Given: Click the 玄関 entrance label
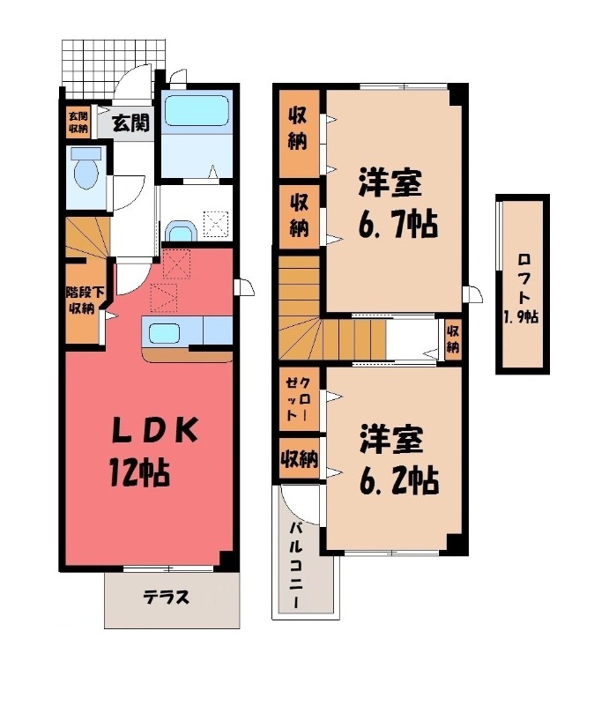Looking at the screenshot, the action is [x=130, y=122].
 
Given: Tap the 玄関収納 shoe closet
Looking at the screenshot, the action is [x=78, y=122].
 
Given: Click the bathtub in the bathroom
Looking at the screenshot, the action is [x=197, y=111].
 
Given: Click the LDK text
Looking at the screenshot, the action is [x=154, y=430].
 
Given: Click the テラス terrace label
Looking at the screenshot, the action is [x=166, y=597].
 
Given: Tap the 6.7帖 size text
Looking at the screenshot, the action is [x=398, y=225].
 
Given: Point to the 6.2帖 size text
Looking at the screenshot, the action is [x=399, y=480].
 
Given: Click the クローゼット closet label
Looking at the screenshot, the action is [x=298, y=398].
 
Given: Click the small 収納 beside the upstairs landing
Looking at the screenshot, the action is [x=453, y=339].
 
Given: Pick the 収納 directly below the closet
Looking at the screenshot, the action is [x=299, y=458].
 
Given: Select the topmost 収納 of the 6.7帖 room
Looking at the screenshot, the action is [x=299, y=134].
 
